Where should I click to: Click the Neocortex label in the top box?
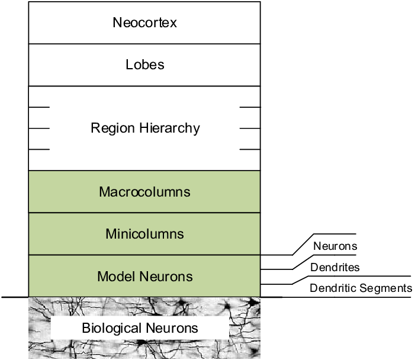coord(144,23)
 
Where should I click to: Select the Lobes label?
coord(144,65)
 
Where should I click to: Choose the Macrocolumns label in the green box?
coord(144,192)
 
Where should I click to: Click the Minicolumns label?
coord(144,234)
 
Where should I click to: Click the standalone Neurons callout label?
coord(335,246)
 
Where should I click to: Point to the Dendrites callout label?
coord(335,267)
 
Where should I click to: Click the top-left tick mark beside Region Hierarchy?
coord(39,107)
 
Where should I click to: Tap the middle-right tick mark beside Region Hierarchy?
coord(250,128)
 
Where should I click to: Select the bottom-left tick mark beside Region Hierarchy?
coord(39,150)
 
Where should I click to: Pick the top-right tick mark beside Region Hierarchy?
coord(250,107)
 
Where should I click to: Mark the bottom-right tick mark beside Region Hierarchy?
coord(250,150)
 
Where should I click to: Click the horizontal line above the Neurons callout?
coord(335,234)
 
